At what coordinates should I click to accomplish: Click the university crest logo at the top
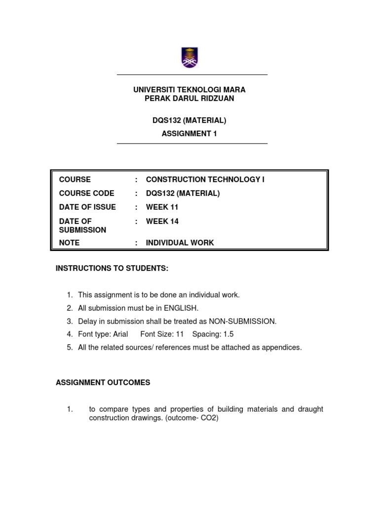pos(189,57)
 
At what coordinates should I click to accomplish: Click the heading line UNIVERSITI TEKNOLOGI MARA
pos(189,90)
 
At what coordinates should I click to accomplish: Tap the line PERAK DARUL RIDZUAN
pos(189,99)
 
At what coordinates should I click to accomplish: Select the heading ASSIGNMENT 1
pos(189,133)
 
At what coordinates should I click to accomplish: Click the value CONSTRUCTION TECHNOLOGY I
pos(205,180)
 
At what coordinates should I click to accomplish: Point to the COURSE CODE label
pos(86,193)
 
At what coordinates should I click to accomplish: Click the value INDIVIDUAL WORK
pos(180,243)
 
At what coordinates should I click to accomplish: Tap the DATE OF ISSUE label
pos(87,207)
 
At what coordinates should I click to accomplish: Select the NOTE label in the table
pos(69,243)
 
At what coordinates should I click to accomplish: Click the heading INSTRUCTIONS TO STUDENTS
pos(112,268)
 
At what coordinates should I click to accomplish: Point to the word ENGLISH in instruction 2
pos(181,308)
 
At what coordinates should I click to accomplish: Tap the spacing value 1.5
pos(228,334)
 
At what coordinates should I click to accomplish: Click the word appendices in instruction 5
pos(283,347)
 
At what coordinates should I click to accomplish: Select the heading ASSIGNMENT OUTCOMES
pos(103,383)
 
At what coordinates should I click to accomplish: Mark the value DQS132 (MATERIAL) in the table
pos(183,193)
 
